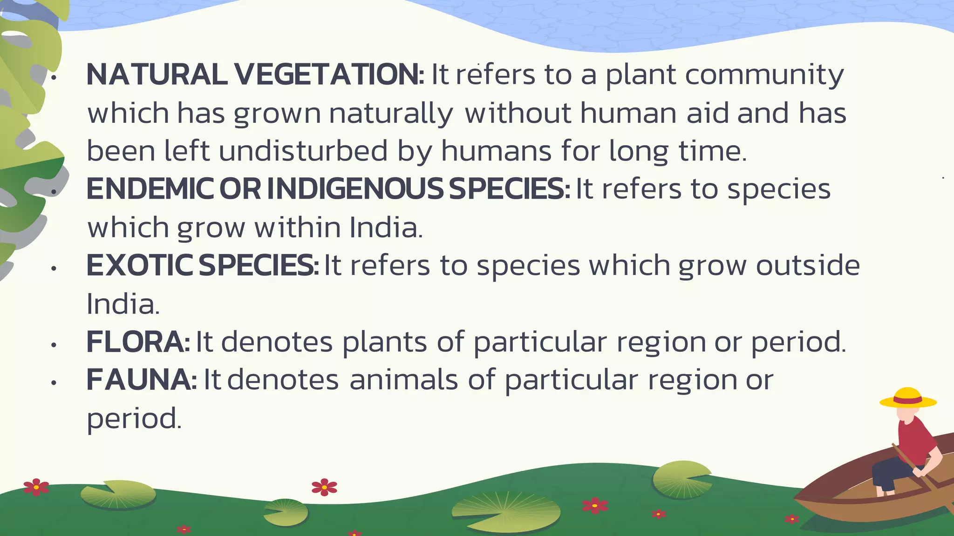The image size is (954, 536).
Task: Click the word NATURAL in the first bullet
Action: coord(157,75)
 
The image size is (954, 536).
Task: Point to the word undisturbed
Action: coord(303,152)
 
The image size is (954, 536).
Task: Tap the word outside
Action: coord(808,266)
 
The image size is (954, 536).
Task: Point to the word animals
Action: coord(404,380)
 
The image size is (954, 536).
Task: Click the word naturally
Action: coord(390,114)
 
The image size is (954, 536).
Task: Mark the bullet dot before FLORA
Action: coord(54,345)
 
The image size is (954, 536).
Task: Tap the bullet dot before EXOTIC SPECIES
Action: coord(54,269)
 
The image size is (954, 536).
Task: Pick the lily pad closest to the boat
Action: coord(681,479)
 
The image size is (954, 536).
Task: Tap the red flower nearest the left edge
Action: coord(36,487)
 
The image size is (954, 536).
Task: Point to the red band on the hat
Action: coord(908,400)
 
